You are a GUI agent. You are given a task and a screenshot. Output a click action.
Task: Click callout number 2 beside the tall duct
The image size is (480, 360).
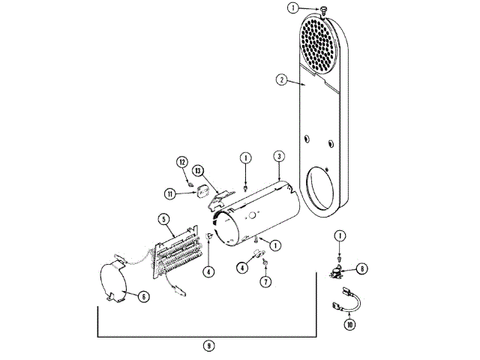point(280,79)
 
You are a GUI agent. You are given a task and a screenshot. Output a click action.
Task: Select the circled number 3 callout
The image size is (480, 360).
point(278,157)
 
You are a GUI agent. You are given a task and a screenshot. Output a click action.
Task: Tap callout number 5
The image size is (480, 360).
point(163,219)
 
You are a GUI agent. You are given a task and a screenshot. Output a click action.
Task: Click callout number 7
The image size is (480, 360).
point(265,281)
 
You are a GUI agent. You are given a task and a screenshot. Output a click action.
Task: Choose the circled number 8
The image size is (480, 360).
point(362,268)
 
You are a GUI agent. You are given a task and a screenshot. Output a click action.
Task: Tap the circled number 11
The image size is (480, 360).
point(170,194)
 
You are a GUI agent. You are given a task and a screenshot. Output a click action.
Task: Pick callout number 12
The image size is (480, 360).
point(182,162)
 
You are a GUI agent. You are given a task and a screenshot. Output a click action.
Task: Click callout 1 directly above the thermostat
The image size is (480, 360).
point(340,236)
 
